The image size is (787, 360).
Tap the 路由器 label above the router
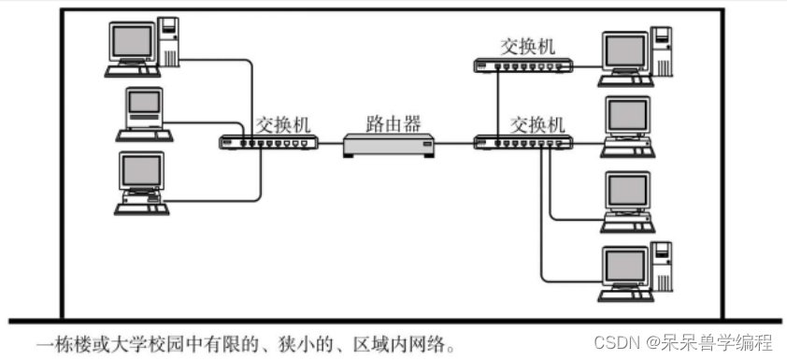click(x=393, y=123)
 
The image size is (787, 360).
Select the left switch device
click(x=269, y=143)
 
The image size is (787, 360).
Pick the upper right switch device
click(x=521, y=65)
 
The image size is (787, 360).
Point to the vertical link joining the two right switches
click(x=497, y=103)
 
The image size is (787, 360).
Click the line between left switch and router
click(x=329, y=144)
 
